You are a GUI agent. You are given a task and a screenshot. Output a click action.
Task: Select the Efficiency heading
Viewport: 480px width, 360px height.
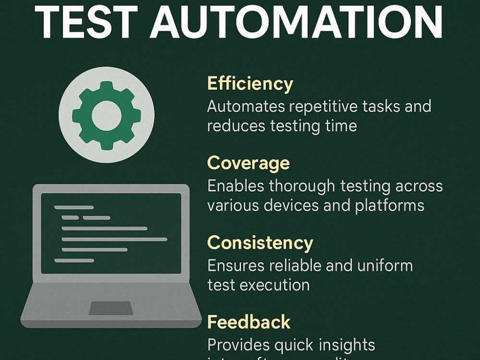pyautogui.click(x=250, y=84)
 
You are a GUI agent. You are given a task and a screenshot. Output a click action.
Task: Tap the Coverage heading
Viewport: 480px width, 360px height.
pyautogui.click(x=248, y=164)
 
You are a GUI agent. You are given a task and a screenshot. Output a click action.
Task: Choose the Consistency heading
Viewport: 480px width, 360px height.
pyautogui.click(x=260, y=243)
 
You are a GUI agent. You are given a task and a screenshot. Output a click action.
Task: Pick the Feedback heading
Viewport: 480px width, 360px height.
pyautogui.click(x=249, y=322)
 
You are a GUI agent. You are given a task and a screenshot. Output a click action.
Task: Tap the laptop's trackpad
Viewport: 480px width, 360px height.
pyautogui.click(x=111, y=308)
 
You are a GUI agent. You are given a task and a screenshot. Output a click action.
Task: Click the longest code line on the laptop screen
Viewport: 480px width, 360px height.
pyautogui.click(x=114, y=239)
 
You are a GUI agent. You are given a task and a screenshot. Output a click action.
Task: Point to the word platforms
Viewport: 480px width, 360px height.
pyautogui.click(x=390, y=205)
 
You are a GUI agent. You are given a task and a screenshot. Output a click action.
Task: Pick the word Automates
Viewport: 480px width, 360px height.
pyautogui.click(x=244, y=107)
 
